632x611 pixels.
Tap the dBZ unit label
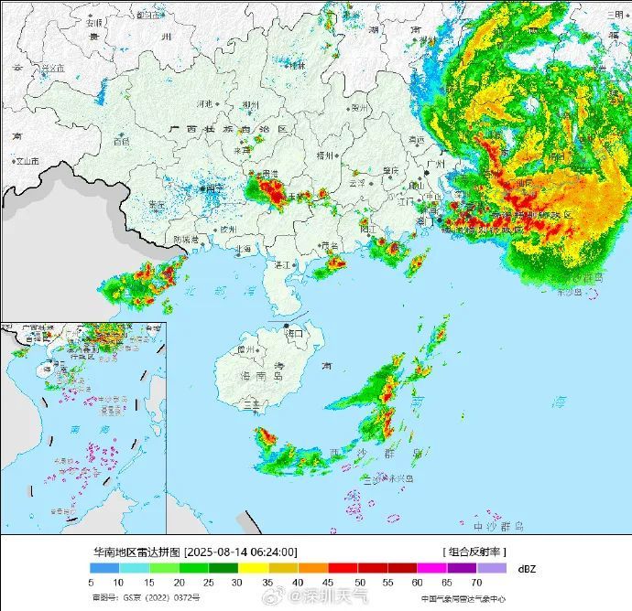point(526,568)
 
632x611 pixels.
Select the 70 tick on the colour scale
point(477,582)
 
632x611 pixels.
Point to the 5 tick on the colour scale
point(92,582)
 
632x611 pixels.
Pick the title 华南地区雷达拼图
point(136,552)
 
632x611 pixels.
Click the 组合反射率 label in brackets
point(474,552)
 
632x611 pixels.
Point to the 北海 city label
point(244,248)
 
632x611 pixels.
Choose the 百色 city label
point(121,142)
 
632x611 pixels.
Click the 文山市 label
point(27,161)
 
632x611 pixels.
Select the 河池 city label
point(204,103)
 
